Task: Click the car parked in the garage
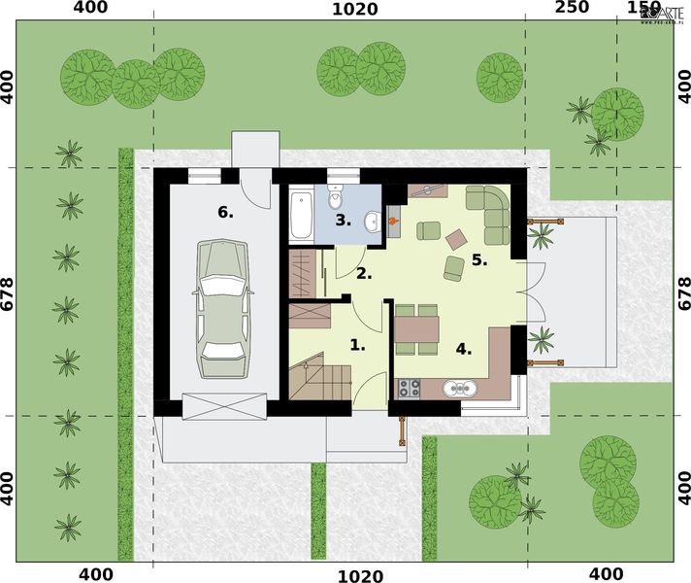(x=222, y=309)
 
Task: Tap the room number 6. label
(x=225, y=212)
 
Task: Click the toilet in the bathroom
(x=336, y=197)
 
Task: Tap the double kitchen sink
(x=458, y=390)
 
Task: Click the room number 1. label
(x=358, y=343)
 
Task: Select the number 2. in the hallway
(x=363, y=273)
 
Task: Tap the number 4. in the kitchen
(x=464, y=349)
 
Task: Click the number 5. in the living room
(x=479, y=259)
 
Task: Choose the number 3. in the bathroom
(x=343, y=220)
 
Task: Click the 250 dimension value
(x=572, y=9)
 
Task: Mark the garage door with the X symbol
(x=224, y=405)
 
